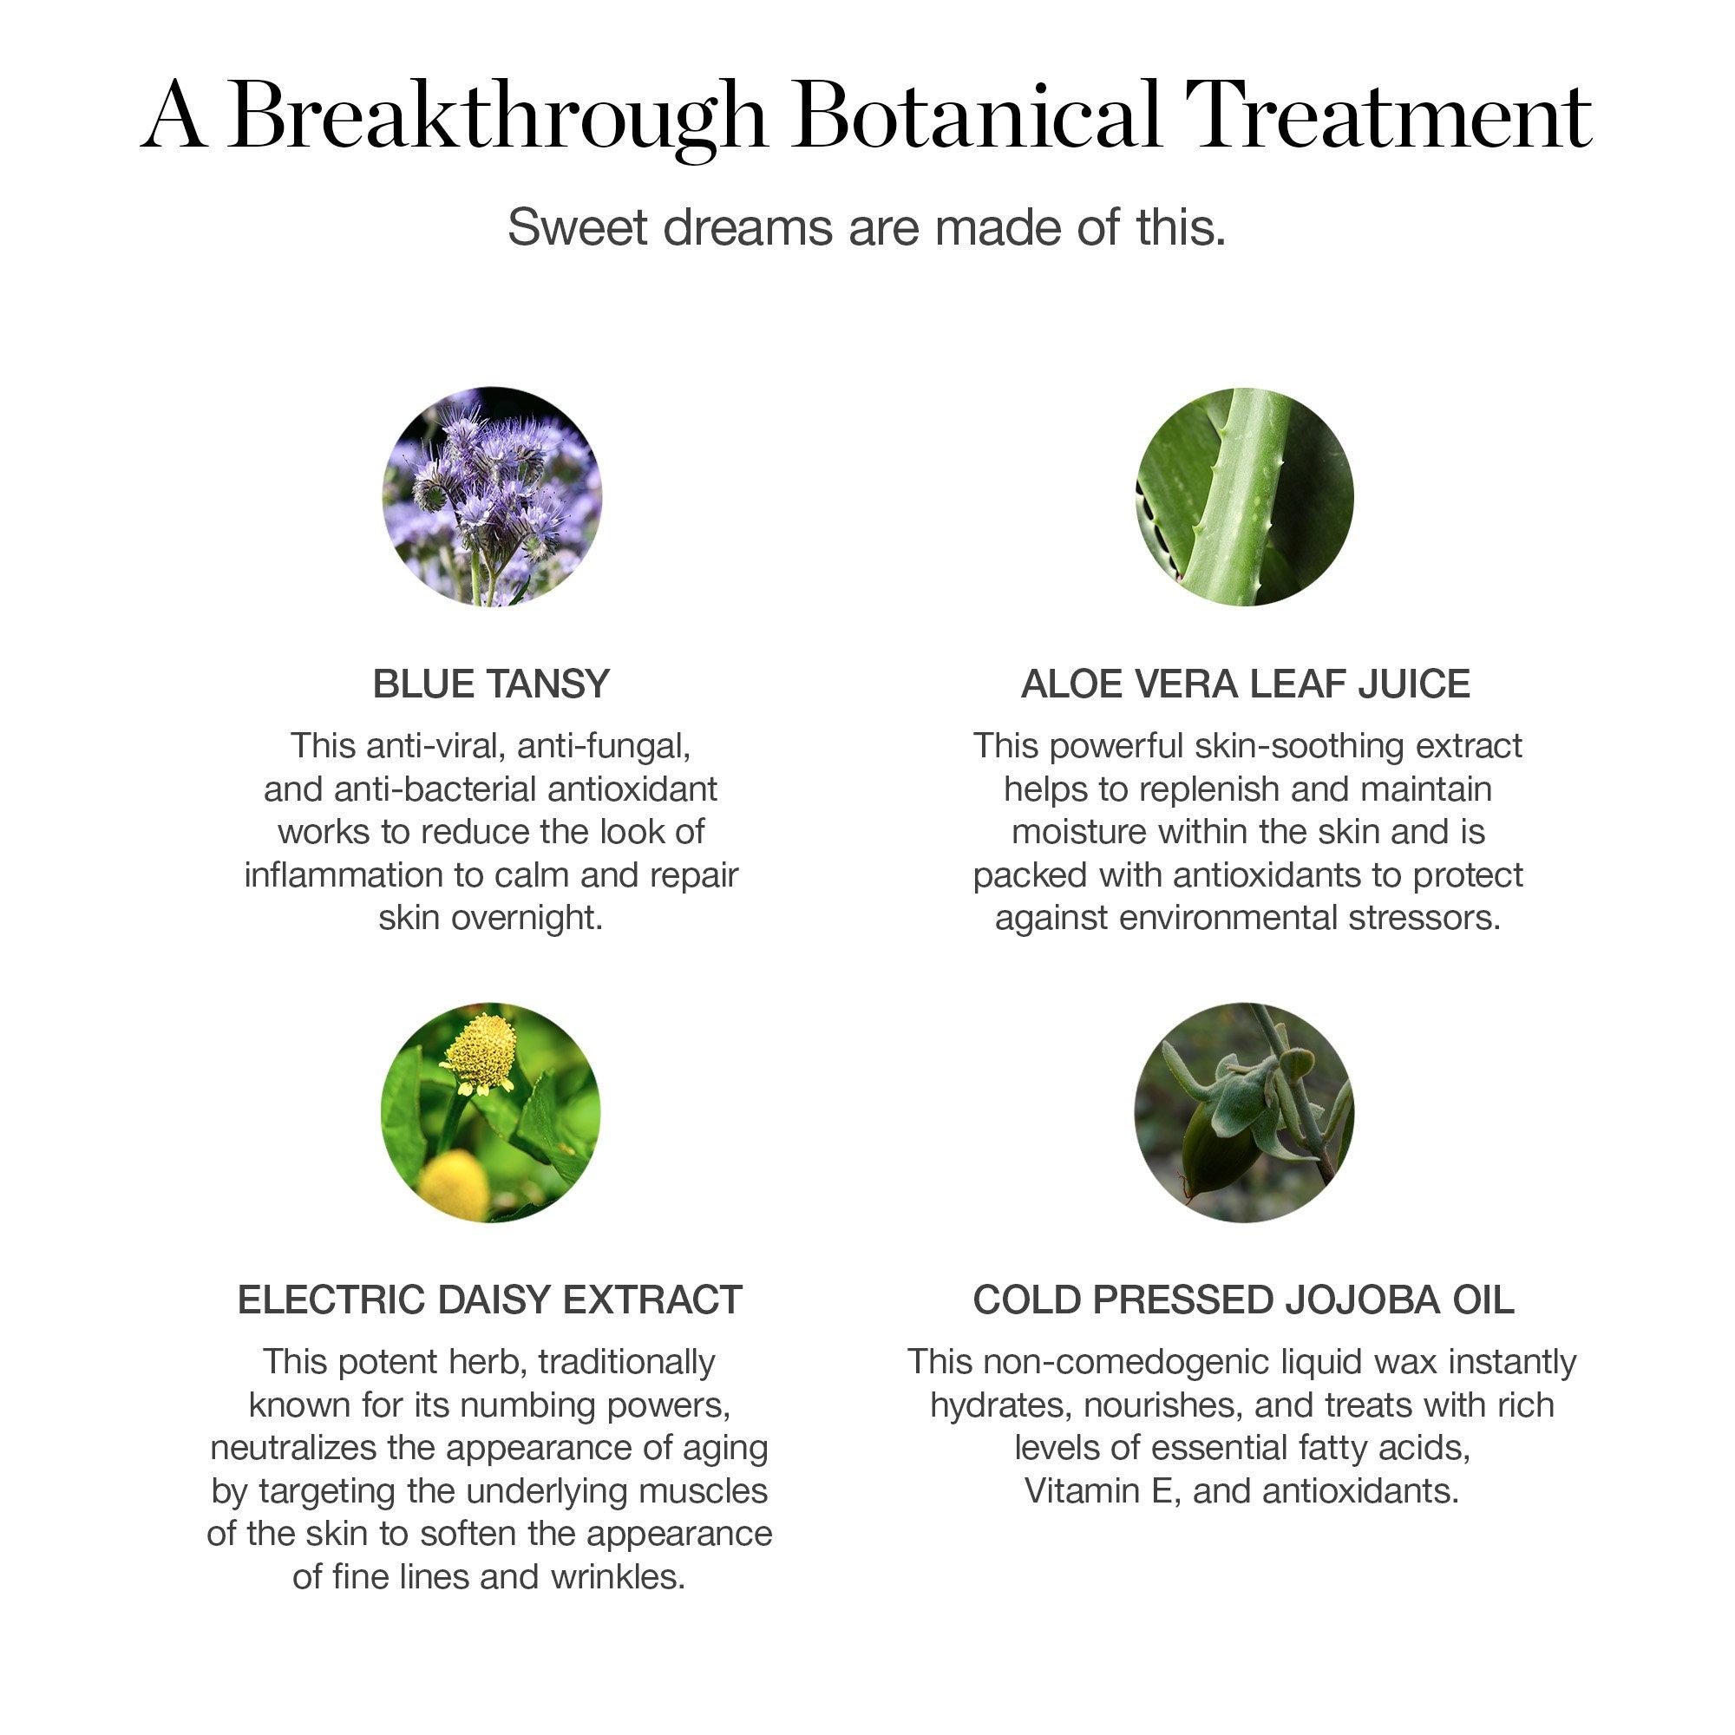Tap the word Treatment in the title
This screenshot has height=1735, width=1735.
(x=1387, y=115)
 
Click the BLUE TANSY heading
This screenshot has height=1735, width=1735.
(x=491, y=684)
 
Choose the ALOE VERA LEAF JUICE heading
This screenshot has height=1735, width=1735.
(x=1245, y=684)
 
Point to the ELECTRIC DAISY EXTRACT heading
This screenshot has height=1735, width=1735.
(x=490, y=1300)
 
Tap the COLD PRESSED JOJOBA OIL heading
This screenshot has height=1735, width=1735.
(x=1244, y=1300)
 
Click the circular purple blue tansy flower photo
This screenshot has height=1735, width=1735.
(x=492, y=496)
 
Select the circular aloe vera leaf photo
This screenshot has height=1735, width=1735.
(x=1244, y=496)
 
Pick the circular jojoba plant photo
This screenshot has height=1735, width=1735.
(x=1244, y=1112)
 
